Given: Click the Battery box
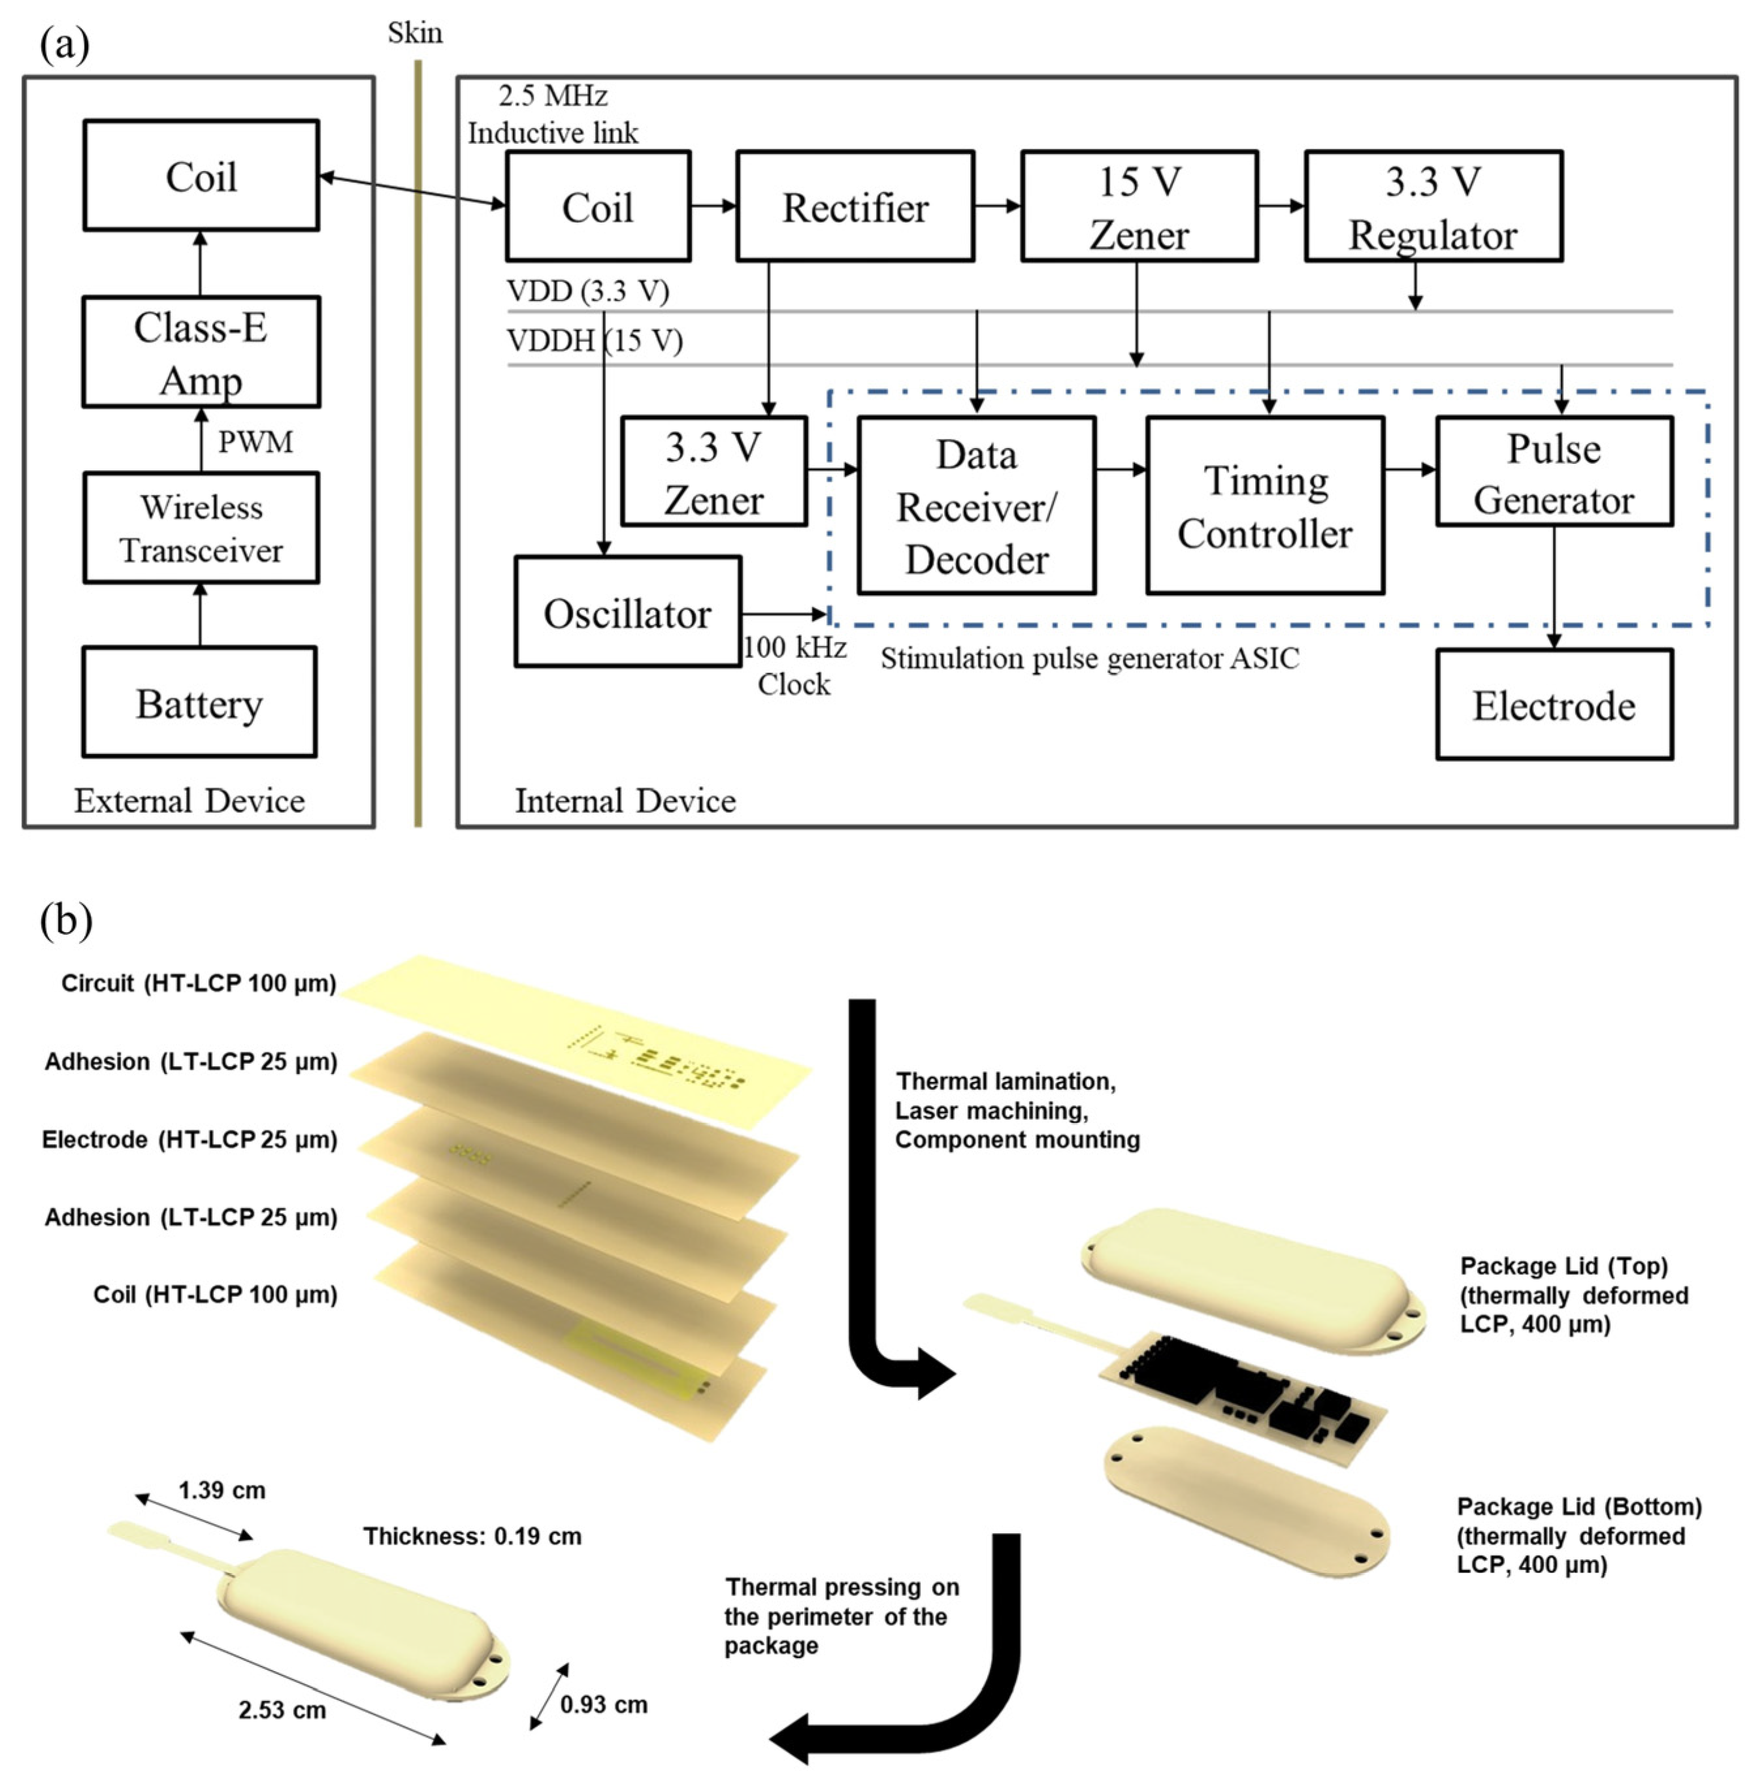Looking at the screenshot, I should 199,703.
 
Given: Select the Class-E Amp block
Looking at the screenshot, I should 201,353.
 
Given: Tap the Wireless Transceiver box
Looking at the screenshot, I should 201,529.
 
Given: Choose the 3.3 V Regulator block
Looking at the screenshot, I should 1432,206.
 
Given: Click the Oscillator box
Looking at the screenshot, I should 627,612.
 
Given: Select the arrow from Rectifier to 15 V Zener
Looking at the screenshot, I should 997,206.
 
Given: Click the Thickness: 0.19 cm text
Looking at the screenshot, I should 472,1536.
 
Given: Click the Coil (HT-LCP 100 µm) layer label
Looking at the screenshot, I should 215,1294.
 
